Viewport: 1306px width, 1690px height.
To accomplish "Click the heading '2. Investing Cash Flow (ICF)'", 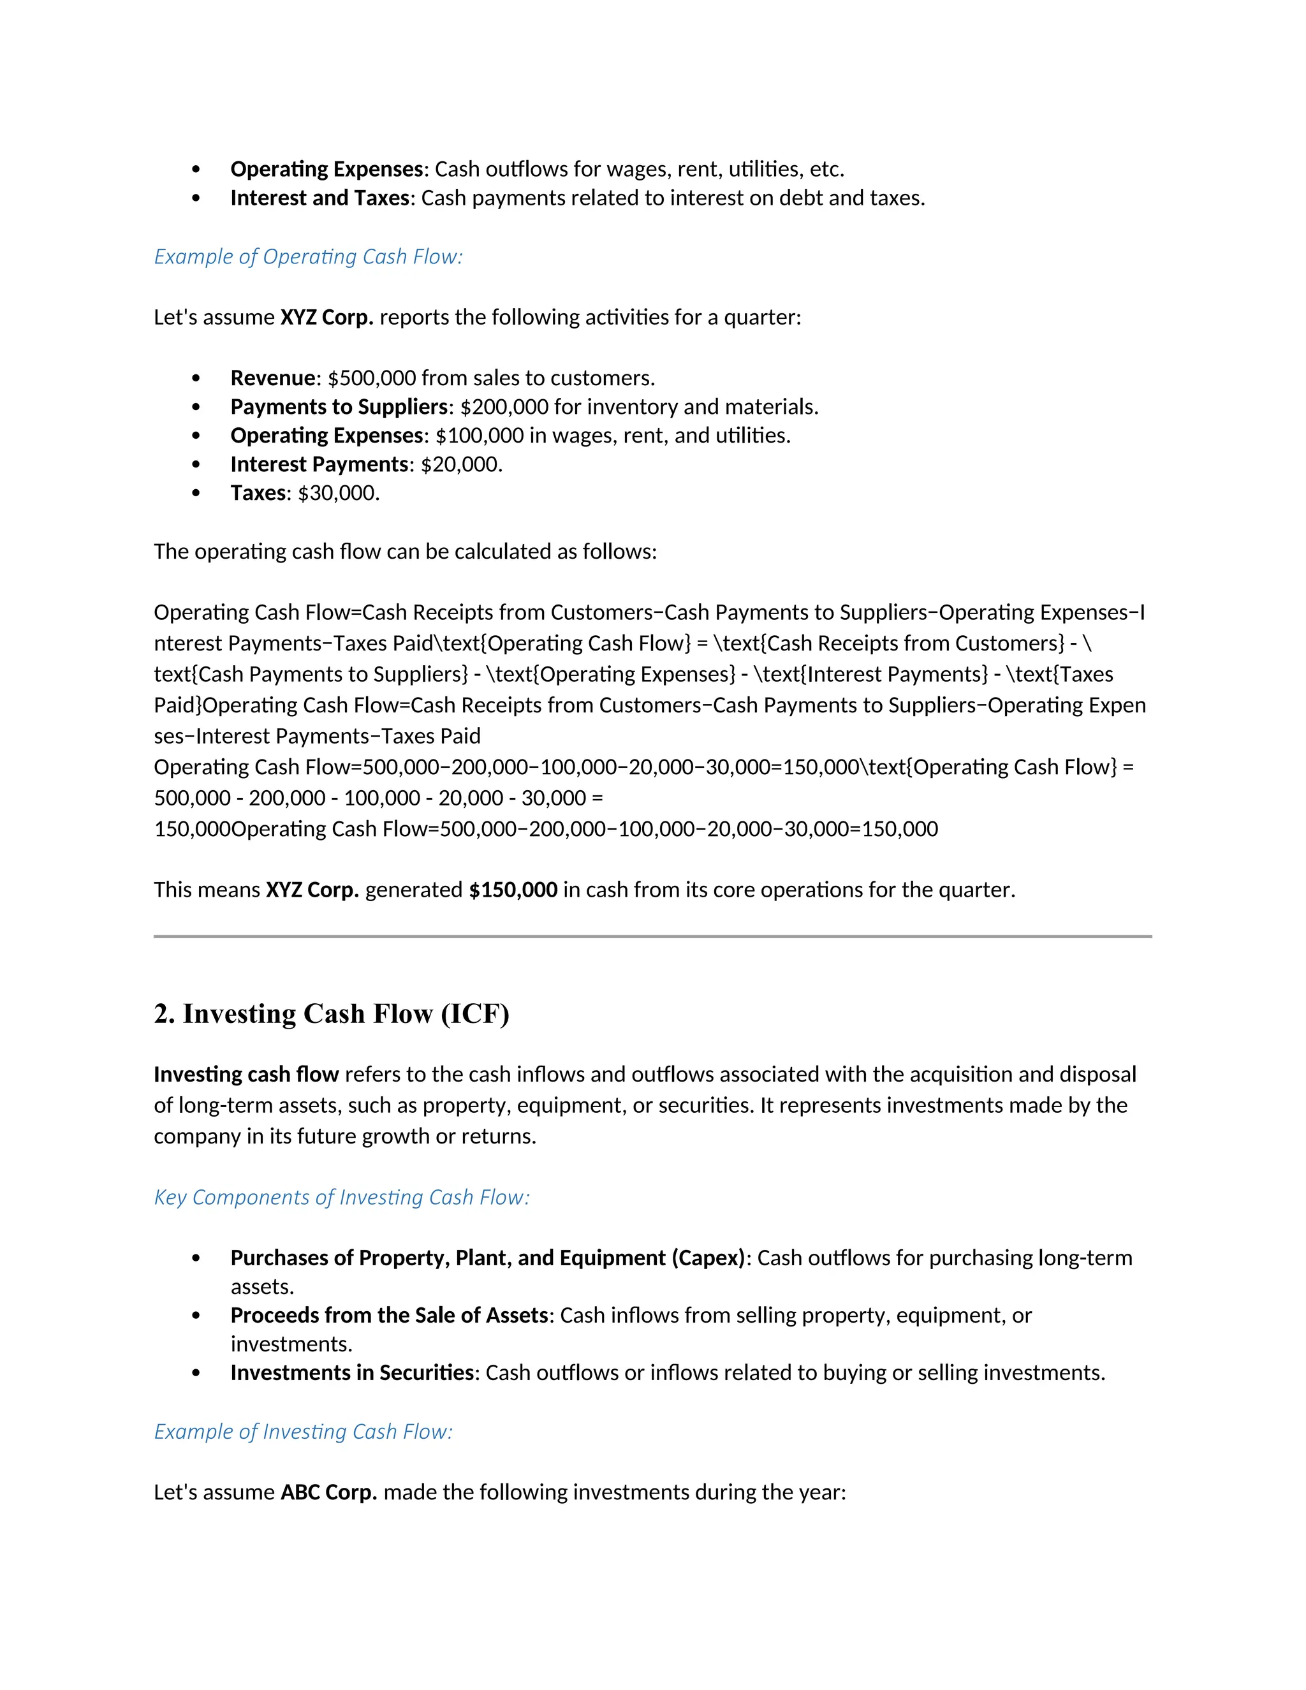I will (x=331, y=1014).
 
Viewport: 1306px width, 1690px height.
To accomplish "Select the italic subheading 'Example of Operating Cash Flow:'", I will (x=308, y=257).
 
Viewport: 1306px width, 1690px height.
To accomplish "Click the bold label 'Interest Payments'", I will (x=319, y=464).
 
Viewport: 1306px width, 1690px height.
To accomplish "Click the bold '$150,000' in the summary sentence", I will (x=513, y=890).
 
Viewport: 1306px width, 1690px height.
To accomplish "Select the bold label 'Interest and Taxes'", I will (x=319, y=198).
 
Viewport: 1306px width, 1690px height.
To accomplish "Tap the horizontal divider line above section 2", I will (x=652, y=936).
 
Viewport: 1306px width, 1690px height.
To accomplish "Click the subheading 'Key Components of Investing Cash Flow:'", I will (x=341, y=1197).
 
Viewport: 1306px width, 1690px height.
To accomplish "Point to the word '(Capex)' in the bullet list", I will (x=708, y=1258).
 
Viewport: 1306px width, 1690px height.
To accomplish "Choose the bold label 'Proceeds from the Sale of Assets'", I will (x=389, y=1315).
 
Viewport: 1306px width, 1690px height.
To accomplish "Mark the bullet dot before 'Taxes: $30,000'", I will (x=196, y=493).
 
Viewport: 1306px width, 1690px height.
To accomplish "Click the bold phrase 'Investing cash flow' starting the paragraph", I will (x=246, y=1074).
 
